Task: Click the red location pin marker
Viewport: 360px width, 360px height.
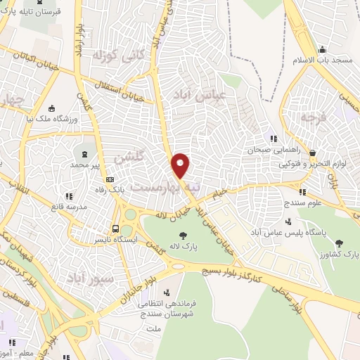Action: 181,165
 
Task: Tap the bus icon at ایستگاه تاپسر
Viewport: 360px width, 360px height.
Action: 116,229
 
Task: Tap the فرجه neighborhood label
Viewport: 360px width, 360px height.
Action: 311,118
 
